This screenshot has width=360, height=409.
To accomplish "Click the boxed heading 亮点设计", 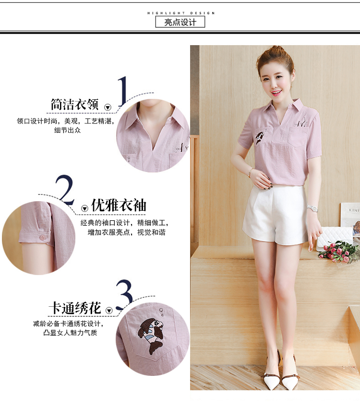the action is tap(180, 22).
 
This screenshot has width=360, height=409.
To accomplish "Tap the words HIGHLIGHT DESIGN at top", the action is tap(181, 13).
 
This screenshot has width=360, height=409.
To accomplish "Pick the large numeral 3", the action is tap(124, 294).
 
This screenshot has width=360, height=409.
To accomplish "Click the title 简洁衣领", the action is tap(74, 104).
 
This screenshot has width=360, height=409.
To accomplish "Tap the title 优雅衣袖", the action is tap(119, 205).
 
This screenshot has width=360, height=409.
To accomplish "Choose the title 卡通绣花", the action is tap(75, 308).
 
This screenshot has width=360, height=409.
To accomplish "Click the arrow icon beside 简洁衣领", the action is tap(108, 107).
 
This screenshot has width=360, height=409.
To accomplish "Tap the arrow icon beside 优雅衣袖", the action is tap(84, 208).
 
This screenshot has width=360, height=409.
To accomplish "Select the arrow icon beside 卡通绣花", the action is tap(109, 311).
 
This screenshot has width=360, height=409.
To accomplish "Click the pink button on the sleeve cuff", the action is tap(43, 237).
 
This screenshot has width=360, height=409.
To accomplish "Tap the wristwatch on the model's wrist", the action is tap(312, 208).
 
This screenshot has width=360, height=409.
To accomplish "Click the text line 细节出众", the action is tap(68, 130).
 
